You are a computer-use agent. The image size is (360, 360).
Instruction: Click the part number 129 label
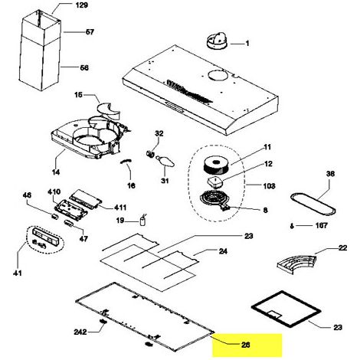(82, 5)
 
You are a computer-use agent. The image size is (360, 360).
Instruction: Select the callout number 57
(90, 32)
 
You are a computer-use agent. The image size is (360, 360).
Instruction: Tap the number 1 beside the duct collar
(247, 44)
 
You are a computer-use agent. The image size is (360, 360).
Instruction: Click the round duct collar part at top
(217, 41)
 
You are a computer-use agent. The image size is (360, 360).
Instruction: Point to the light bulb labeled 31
(165, 161)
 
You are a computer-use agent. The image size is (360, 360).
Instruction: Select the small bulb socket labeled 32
(149, 154)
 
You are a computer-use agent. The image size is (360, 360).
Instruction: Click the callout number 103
(269, 186)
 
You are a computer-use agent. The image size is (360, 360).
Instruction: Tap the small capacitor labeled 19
(143, 221)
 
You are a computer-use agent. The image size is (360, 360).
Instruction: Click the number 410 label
(54, 191)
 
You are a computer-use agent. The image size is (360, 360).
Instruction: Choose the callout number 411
(120, 208)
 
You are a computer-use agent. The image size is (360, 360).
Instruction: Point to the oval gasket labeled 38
(313, 205)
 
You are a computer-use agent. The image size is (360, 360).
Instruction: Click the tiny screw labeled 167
(292, 226)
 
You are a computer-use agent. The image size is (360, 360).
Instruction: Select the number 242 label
(80, 332)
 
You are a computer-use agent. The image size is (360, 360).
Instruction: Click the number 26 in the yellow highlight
(245, 345)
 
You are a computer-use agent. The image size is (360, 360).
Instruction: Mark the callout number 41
(18, 273)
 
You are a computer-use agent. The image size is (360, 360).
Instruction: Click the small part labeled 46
(54, 217)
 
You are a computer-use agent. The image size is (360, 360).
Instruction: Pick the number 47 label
(83, 239)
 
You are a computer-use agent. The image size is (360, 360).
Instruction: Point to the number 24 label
(223, 251)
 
